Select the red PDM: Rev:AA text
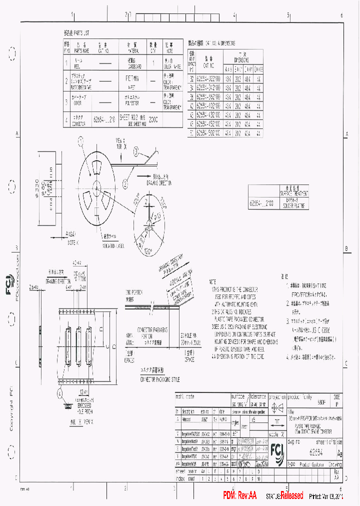click(239, 495)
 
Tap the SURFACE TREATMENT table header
click(296, 192)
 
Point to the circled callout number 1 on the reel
click(80, 141)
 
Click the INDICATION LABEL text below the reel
click(113, 246)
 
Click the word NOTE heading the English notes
click(212, 281)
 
